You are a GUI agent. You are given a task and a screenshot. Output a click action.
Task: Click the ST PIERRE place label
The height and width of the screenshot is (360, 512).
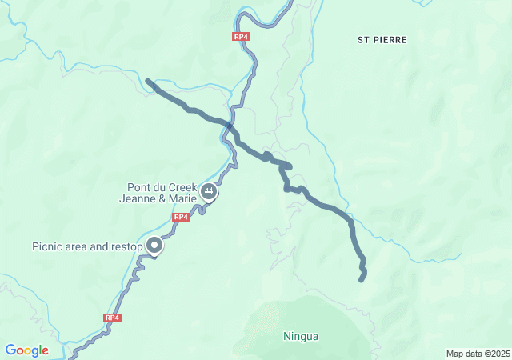click(x=382, y=39)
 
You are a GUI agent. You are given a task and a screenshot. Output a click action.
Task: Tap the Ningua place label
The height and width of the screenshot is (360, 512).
click(x=301, y=336)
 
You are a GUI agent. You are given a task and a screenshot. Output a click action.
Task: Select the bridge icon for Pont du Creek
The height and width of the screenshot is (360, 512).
click(x=210, y=191)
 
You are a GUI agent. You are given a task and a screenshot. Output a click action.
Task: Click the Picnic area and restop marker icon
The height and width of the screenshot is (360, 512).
click(x=153, y=246)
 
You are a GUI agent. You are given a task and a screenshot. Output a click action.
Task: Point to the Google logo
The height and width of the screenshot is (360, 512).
click(x=26, y=350)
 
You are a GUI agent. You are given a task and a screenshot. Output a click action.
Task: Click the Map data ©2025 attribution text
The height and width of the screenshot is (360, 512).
click(x=477, y=354)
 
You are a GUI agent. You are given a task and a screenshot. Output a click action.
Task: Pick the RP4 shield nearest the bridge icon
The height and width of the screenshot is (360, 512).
click(x=181, y=217)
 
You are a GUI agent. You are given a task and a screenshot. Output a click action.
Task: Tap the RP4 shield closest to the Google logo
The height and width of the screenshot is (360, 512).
click(x=112, y=318)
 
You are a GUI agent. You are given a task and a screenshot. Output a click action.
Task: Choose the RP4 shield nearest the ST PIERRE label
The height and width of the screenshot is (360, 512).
click(x=241, y=37)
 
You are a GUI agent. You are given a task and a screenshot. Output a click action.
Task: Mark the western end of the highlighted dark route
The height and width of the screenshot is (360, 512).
click(x=148, y=81)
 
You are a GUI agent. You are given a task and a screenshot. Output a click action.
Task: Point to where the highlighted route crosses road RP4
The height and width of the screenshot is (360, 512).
click(x=230, y=126)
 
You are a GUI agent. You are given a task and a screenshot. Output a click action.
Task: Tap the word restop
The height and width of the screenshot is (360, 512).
click(x=126, y=246)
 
